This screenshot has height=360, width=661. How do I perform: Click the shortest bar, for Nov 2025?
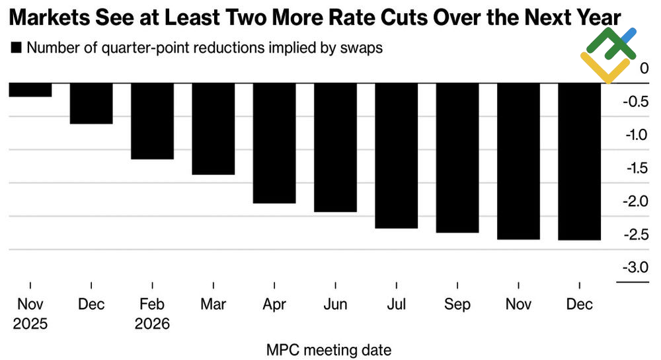coord(30,90)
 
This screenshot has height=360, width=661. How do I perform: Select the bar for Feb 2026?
coord(152,121)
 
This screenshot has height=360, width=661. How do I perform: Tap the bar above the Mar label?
coord(213,129)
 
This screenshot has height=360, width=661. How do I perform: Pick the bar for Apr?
coord(274,143)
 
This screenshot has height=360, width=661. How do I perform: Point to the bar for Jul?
coord(396,155)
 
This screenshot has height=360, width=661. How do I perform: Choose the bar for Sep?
coord(457,157)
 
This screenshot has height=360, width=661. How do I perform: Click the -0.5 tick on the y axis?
coord(635,102)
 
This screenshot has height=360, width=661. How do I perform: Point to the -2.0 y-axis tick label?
coord(635,201)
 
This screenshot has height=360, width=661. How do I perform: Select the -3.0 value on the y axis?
coord(635,268)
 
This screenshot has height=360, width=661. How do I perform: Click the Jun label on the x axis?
coord(335,305)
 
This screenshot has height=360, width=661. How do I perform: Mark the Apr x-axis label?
coord(274,305)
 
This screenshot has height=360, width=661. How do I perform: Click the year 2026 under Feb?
coord(152,324)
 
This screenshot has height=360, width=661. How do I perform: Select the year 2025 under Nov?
coord(30,324)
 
